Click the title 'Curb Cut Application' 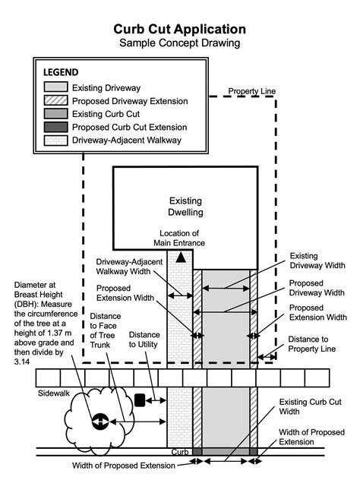(x=180, y=29)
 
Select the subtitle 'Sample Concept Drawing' (x=180, y=43)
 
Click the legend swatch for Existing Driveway (x=55, y=87)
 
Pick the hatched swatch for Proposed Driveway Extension (x=55, y=101)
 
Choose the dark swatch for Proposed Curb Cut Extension (x=55, y=127)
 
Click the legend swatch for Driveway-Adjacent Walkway (x=55, y=140)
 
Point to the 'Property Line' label (x=254, y=92)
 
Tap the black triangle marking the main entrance (x=180, y=259)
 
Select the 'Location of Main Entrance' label (x=179, y=238)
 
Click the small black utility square (x=140, y=398)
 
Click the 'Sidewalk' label (x=54, y=395)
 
